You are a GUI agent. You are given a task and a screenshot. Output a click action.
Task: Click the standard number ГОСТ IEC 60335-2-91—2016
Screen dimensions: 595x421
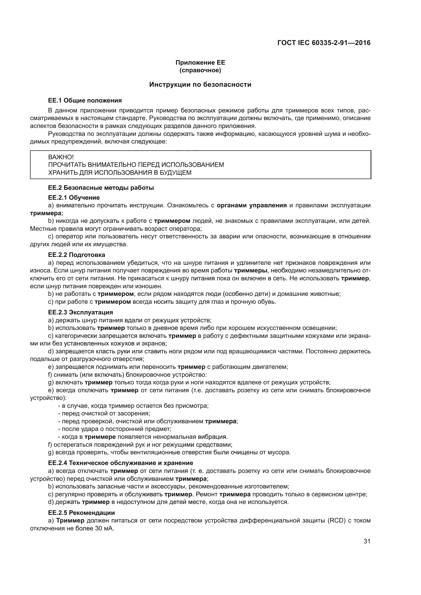324,43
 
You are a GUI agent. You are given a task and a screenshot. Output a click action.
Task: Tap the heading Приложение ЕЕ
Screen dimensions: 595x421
200,63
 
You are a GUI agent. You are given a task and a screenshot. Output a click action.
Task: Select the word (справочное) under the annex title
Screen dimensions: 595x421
200,70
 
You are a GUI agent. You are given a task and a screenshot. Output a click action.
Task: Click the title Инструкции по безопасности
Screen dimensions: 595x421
200,85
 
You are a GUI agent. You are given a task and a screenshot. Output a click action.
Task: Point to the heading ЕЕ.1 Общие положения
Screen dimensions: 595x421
85,100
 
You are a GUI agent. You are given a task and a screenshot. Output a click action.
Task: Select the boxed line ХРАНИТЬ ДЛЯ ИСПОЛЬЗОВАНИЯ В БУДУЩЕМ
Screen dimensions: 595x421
120,172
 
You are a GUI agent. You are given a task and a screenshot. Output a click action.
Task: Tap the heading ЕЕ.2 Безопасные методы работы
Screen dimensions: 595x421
101,188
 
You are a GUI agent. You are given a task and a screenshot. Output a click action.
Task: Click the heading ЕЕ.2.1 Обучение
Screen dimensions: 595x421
74,198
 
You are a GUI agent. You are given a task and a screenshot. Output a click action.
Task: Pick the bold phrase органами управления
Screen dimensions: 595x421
251,206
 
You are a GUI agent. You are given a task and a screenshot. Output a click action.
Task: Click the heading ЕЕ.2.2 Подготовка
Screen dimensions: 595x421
76,255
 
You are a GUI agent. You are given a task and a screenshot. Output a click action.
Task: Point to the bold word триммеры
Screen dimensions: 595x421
250,271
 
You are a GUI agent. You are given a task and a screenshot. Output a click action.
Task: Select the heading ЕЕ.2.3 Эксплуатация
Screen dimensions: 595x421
80,312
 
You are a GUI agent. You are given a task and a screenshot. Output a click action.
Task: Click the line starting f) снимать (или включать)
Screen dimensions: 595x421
127,375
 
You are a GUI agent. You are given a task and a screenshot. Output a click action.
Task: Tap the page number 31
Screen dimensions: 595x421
367,541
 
